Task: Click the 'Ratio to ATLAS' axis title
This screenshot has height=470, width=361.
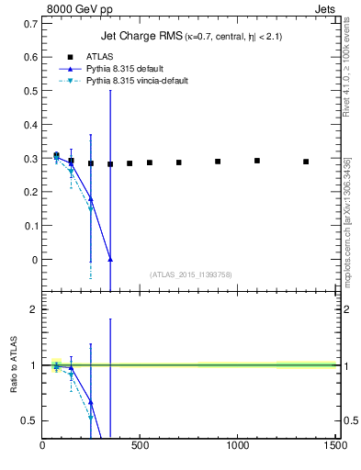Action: click(x=15, y=364)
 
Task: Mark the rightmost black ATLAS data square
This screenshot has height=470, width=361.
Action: click(x=306, y=162)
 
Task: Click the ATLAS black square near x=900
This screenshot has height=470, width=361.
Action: click(x=218, y=162)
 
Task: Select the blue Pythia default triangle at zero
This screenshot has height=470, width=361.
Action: click(x=110, y=260)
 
